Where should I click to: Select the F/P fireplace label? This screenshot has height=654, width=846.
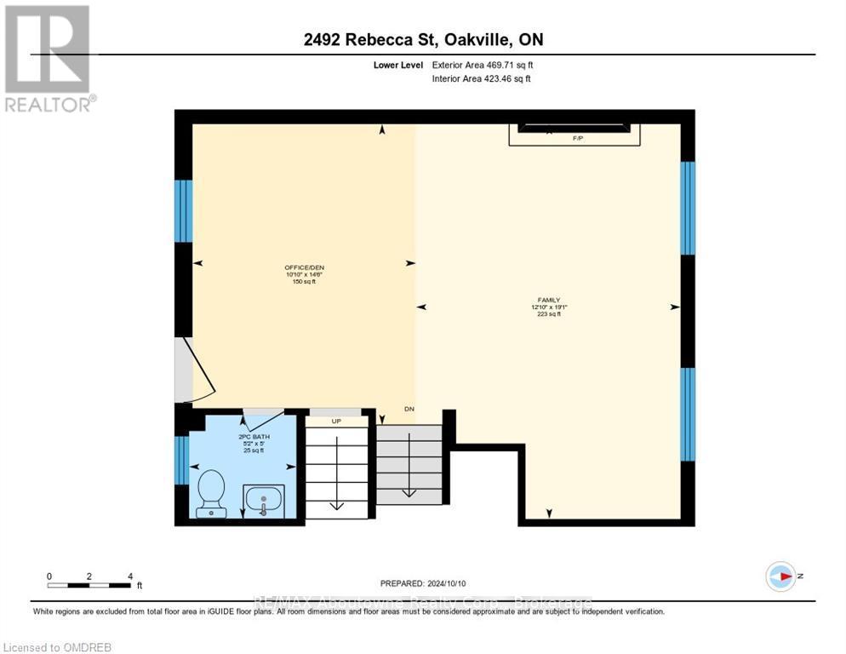click(x=577, y=136)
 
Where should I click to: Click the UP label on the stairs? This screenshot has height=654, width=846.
click(x=337, y=421)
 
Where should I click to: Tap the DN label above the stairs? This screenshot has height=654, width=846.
click(x=409, y=410)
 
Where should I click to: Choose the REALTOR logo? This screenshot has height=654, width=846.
click(x=49, y=58)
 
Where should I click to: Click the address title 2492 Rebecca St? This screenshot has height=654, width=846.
click(x=422, y=39)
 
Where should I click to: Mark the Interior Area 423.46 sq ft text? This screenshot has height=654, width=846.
click(x=482, y=79)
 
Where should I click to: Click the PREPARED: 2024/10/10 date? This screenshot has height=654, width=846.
click(x=423, y=583)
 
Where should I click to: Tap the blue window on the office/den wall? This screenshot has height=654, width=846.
click(x=183, y=210)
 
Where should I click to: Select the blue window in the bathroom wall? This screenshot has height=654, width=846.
click(x=181, y=460)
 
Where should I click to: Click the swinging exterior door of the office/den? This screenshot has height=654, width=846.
click(x=196, y=370)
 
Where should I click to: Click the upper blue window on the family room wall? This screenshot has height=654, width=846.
click(x=688, y=208)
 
